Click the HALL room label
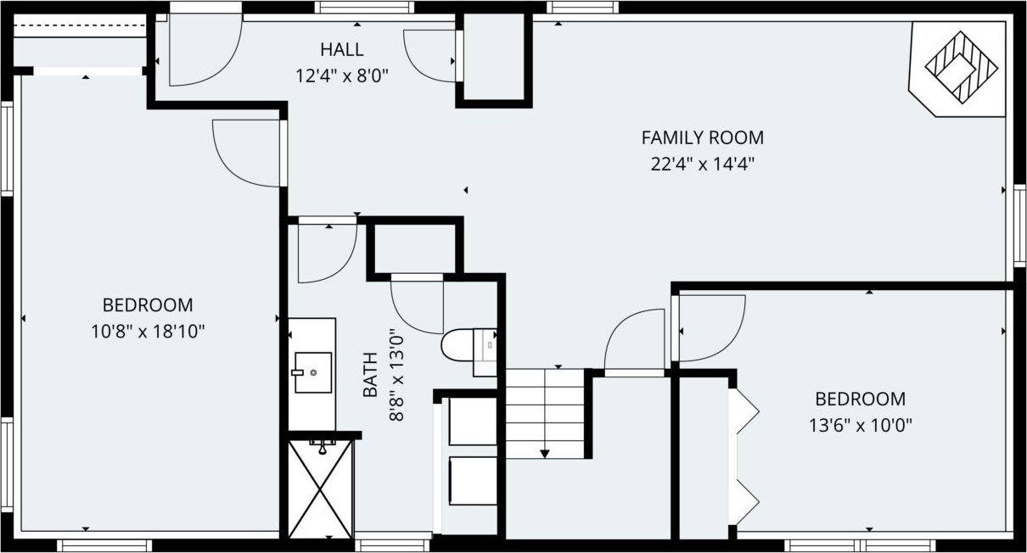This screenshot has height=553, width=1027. (x=342, y=49)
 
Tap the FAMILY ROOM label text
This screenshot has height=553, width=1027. (x=702, y=137)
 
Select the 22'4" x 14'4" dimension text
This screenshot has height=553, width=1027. (x=702, y=164)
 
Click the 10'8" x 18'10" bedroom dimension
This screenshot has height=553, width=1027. (x=148, y=331)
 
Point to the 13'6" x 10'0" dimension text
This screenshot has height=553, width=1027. (x=860, y=425)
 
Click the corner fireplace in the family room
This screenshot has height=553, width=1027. (x=960, y=68)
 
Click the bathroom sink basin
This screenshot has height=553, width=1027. (x=312, y=371)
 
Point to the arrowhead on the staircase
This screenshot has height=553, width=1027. (x=545, y=453)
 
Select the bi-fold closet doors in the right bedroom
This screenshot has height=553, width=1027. (x=746, y=456)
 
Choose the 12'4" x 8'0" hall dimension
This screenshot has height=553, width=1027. (x=342, y=75)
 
